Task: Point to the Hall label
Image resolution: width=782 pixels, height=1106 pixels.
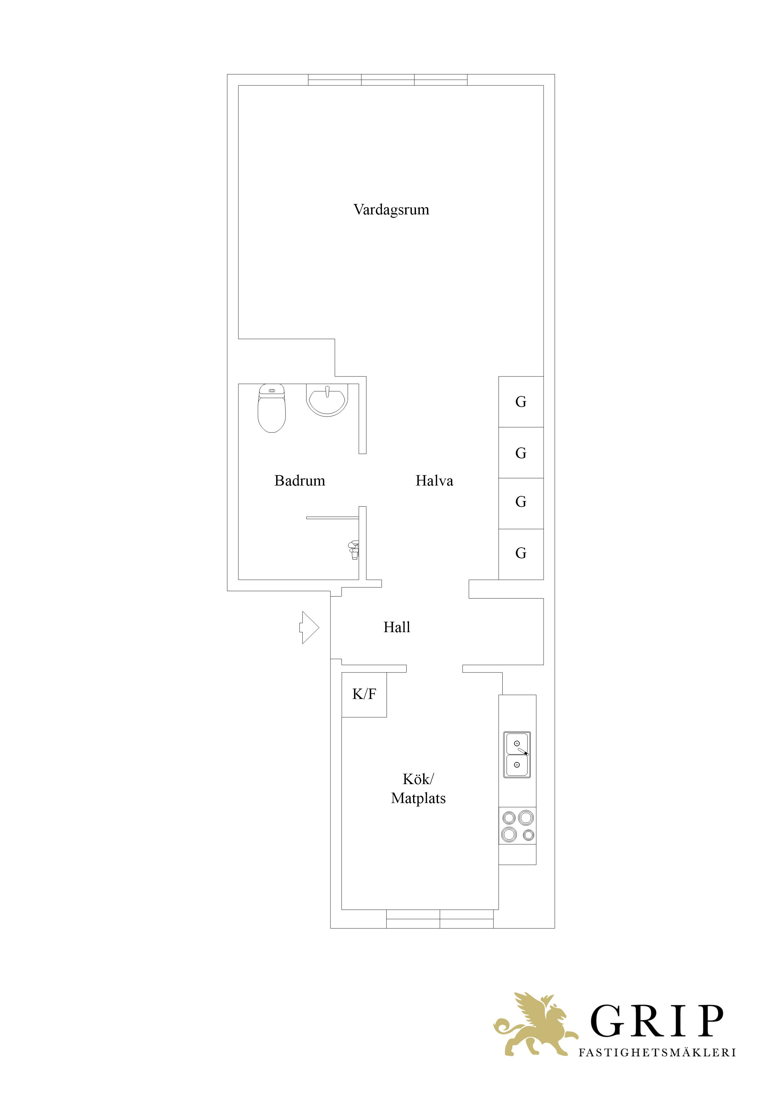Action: (397, 627)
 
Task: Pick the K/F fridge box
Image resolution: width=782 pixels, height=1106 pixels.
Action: (364, 694)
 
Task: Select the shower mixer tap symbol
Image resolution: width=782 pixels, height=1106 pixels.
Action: (354, 550)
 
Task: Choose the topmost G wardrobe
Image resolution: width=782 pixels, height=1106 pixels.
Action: (521, 402)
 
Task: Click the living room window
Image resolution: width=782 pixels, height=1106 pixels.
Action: (388, 80)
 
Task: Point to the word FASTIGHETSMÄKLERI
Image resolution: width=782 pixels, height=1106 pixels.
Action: (657, 1052)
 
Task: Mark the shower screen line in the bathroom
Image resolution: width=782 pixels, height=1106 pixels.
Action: (332, 518)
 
